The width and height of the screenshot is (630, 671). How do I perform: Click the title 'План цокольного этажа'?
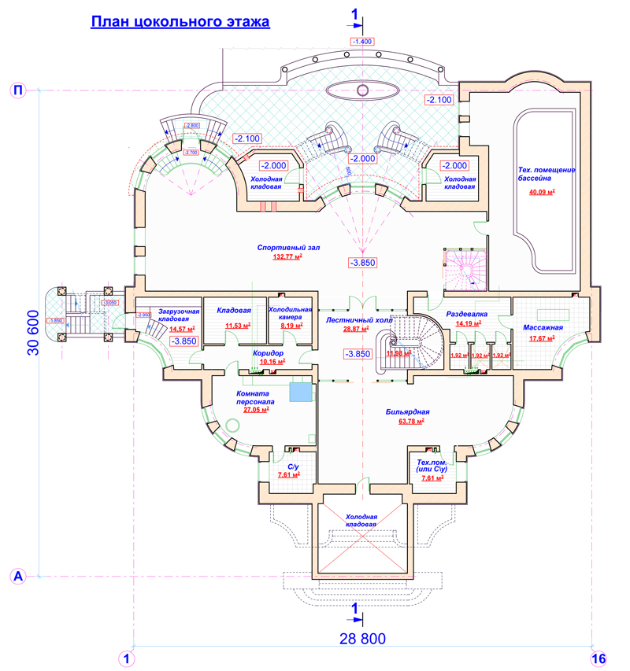tap(180, 21)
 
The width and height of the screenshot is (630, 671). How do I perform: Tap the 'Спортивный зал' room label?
tap(288, 248)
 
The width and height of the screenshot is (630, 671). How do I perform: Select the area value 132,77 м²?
tap(288, 257)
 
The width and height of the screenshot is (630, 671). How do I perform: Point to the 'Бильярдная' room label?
tap(407, 411)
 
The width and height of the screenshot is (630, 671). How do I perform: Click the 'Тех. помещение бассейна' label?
tap(548, 175)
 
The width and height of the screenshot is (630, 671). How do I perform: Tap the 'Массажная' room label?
tap(543, 327)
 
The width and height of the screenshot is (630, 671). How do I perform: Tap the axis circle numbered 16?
tap(598, 658)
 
